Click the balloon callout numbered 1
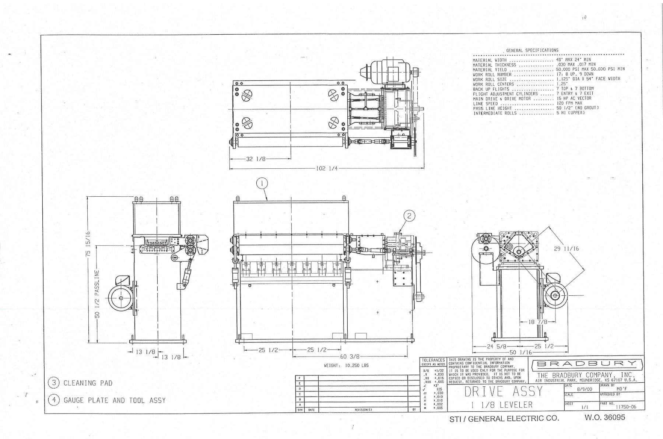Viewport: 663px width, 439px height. [x=262, y=183]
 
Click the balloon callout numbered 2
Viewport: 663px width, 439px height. [x=409, y=215]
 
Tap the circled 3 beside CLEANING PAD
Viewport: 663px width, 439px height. [x=54, y=383]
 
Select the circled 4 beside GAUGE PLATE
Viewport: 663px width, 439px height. [x=54, y=400]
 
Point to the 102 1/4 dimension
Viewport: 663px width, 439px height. [x=327, y=169]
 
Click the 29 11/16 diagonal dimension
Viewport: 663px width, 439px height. [x=566, y=249]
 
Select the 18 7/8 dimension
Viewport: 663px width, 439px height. [x=537, y=322]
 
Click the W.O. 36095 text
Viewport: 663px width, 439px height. [x=604, y=418]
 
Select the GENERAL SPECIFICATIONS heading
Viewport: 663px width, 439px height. [x=532, y=50]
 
